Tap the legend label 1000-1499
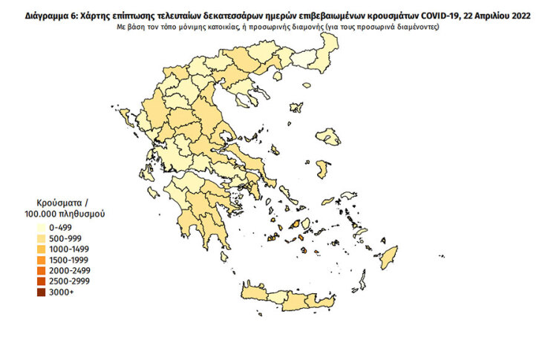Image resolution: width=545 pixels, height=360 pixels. pyautogui.click(x=68, y=249)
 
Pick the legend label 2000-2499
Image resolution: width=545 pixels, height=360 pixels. pyautogui.click(x=68, y=271)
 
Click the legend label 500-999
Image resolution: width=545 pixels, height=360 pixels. pyautogui.click(x=65, y=238)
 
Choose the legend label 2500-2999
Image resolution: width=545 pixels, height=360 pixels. pyautogui.click(x=68, y=282)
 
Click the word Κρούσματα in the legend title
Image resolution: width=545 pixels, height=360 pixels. pyautogui.click(x=57, y=202)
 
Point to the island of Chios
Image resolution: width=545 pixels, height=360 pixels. pyautogui.click(x=323, y=169)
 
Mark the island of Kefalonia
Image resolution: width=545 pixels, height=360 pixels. pyautogui.click(x=152, y=192)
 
